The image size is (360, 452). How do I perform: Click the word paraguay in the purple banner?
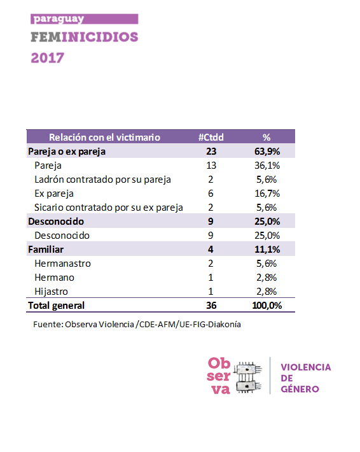point(59,19)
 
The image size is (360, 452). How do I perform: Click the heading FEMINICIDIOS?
point(85,37)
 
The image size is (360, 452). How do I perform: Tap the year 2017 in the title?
point(48,58)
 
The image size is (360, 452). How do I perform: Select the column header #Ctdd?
point(211,138)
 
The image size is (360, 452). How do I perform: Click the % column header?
point(267,138)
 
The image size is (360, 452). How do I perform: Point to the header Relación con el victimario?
point(104,138)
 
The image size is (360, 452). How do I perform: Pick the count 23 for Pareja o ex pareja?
point(211,152)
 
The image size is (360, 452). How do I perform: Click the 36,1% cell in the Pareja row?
point(267,166)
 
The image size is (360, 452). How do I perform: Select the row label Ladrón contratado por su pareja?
point(102,180)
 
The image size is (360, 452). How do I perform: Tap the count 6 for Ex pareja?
point(211,194)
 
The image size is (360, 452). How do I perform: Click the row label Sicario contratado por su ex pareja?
point(109,208)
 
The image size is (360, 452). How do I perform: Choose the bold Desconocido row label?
point(56,222)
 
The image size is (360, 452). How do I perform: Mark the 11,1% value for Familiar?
point(267,250)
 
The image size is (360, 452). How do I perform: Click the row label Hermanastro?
point(62,264)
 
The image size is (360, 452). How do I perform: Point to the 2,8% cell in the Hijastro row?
point(267,292)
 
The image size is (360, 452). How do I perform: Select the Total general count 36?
point(211,306)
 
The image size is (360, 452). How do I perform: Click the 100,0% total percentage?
point(267,306)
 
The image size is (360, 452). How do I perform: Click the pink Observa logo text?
point(219,376)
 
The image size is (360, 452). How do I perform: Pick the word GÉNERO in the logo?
point(300,389)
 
